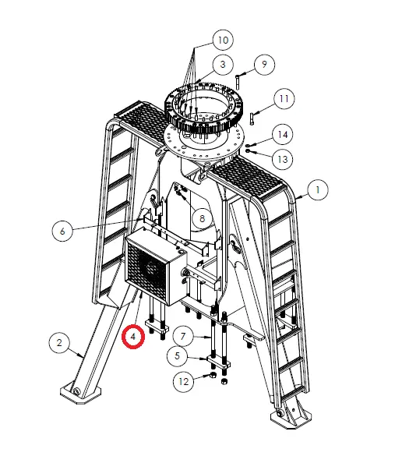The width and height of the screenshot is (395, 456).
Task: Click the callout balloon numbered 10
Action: point(223,40)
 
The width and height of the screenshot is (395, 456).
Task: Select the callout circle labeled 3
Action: point(223,64)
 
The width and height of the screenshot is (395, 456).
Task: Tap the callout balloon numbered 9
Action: point(264,64)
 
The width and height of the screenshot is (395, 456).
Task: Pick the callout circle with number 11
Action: point(284,99)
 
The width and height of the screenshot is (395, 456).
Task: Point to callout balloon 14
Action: point(283,134)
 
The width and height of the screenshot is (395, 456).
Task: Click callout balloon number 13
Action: point(283,159)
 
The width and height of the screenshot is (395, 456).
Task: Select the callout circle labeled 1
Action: point(318,190)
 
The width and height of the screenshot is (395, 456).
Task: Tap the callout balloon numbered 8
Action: point(203,218)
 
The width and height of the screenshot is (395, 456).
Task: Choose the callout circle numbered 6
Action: point(62,232)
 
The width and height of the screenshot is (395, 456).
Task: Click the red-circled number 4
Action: point(133,337)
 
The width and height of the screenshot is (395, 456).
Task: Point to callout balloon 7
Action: point(183,337)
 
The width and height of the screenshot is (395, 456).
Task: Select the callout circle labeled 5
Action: point(178,355)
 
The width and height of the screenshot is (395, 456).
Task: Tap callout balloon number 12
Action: point(183,381)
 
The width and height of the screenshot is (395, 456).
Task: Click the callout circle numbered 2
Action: point(59,342)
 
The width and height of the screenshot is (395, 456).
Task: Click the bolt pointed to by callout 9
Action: point(238,82)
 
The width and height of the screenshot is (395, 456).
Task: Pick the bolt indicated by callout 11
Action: point(252,119)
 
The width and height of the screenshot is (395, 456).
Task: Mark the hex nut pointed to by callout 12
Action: point(213,375)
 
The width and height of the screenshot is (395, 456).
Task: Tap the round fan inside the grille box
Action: point(150,269)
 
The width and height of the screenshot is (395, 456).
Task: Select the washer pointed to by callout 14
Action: point(247,145)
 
